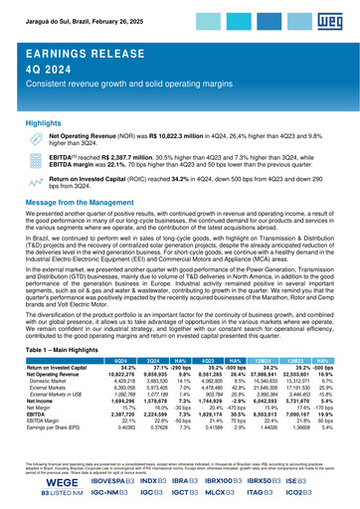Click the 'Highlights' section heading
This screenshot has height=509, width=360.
(x=46, y=126)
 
